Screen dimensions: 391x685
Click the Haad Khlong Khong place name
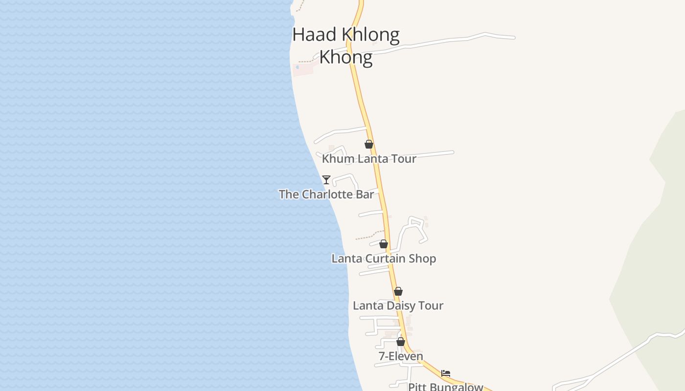pos(346,45)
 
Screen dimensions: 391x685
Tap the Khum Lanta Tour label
pos(369,159)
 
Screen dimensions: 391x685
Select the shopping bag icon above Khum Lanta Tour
pos(369,144)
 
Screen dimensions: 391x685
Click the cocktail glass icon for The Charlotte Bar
pos(326,179)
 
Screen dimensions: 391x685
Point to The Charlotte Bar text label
pos(326,195)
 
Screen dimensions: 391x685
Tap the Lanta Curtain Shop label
pos(384,259)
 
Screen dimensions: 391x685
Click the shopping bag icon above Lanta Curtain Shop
pos(384,244)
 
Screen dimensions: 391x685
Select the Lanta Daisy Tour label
pos(398,306)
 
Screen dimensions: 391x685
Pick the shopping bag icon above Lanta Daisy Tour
pos(398,291)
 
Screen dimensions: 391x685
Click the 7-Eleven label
pos(401,356)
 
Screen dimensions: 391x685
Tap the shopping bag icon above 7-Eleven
pos(401,342)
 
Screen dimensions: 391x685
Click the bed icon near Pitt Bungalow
pos(446,373)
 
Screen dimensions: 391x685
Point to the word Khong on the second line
pos(345,57)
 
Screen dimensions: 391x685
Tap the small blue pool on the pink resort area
pos(297,67)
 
